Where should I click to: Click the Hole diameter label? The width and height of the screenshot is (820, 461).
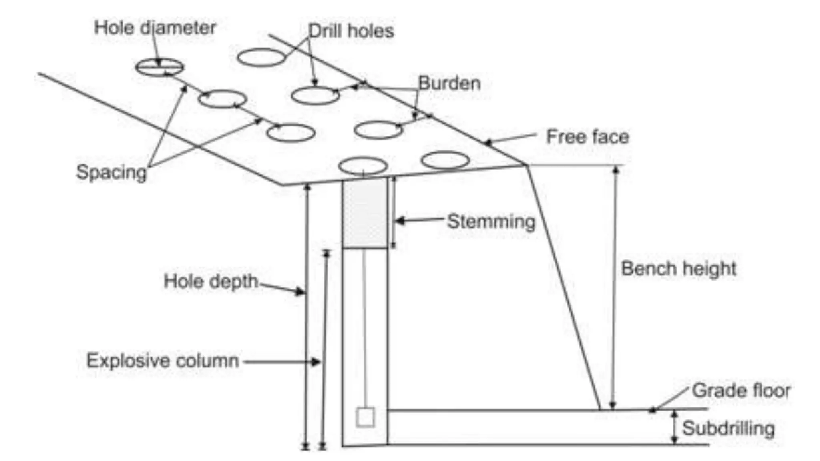tap(155, 28)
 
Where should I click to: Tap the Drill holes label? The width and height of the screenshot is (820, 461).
tap(351, 31)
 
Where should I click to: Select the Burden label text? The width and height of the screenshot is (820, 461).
tap(449, 83)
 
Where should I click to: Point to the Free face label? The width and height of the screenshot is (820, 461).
tap(587, 137)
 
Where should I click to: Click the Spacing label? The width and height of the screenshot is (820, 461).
tap(111, 172)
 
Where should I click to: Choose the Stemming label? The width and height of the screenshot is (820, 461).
tap(491, 221)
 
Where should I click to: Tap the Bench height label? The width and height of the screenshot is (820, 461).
tap(678, 268)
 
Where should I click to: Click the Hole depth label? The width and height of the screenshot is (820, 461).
tap(211, 281)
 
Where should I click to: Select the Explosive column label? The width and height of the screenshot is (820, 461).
tap(163, 361)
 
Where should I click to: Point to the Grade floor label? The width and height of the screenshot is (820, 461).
tap(741, 390)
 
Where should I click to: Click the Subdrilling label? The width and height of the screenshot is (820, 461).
tap(728, 428)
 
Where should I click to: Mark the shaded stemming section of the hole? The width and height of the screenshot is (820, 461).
tap(365, 214)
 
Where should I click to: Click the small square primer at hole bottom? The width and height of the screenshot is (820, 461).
tap(365, 417)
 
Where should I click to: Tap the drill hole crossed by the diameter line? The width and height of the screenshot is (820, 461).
tap(159, 67)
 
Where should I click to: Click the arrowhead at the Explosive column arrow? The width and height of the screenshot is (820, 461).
tap(316, 362)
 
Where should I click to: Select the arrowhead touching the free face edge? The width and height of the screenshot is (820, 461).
tap(487, 142)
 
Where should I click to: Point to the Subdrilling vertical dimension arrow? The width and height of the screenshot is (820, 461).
tap(675, 427)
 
